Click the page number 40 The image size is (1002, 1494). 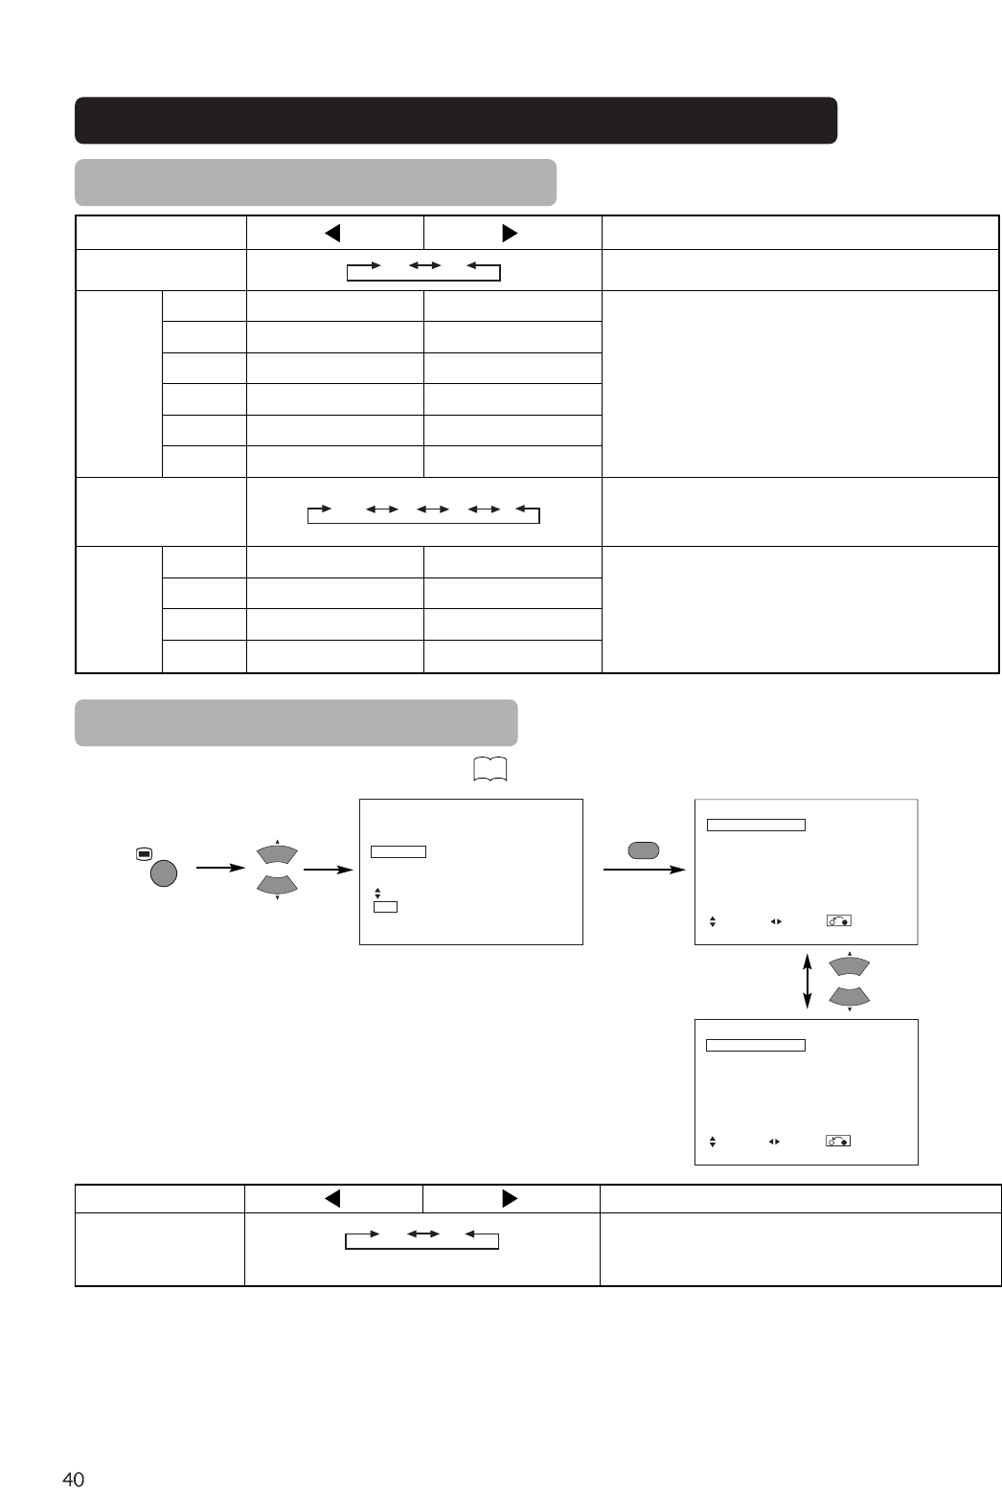pos(73,1480)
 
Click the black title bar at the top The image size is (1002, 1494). pos(456,120)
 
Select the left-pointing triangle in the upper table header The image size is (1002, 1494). pos(332,233)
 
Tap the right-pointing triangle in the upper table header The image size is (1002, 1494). pos(510,233)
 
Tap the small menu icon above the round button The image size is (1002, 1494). pos(143,852)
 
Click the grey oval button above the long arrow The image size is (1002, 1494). pos(643,849)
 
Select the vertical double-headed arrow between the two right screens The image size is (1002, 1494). pos(808,981)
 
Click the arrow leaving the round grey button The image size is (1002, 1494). pos(216,869)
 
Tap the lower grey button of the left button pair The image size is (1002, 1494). pos(276,886)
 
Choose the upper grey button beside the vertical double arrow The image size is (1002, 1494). pos(850,965)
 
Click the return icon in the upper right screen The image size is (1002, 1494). pos(838,921)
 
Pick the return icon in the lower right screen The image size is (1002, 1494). pos(838,1142)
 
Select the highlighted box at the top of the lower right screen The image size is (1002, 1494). pos(755,1045)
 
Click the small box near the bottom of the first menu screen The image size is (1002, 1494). pos(385,906)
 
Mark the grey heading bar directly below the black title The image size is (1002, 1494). pos(315,182)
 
